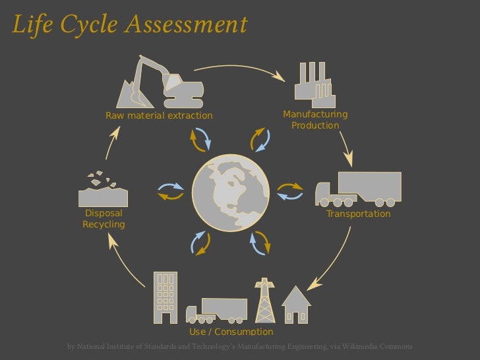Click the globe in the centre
pos(230,193)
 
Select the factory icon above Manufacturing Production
pos(314,84)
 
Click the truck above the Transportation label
pos(359,189)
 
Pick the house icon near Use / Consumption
pos(296,305)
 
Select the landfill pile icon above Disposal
pos(102,192)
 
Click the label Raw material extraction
pos(160,116)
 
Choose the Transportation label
pos(359,214)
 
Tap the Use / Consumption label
pos(231,332)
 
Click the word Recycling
pos(104,225)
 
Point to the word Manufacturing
pos(315,115)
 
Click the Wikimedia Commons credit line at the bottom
pos(240,347)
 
